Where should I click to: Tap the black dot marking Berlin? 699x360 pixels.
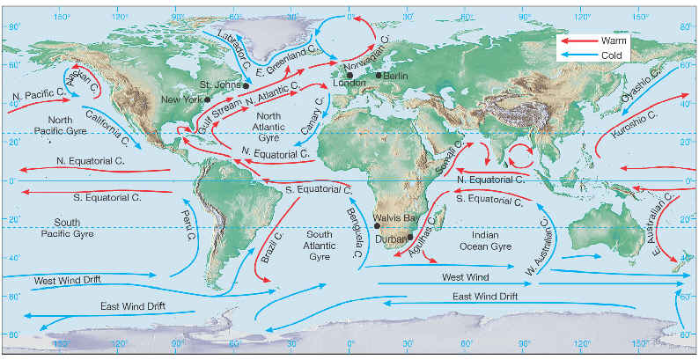tap(379, 75)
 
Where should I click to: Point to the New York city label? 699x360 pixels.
tap(181, 99)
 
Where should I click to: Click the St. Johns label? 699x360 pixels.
tap(217, 84)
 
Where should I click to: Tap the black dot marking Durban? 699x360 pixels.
tap(409, 236)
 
